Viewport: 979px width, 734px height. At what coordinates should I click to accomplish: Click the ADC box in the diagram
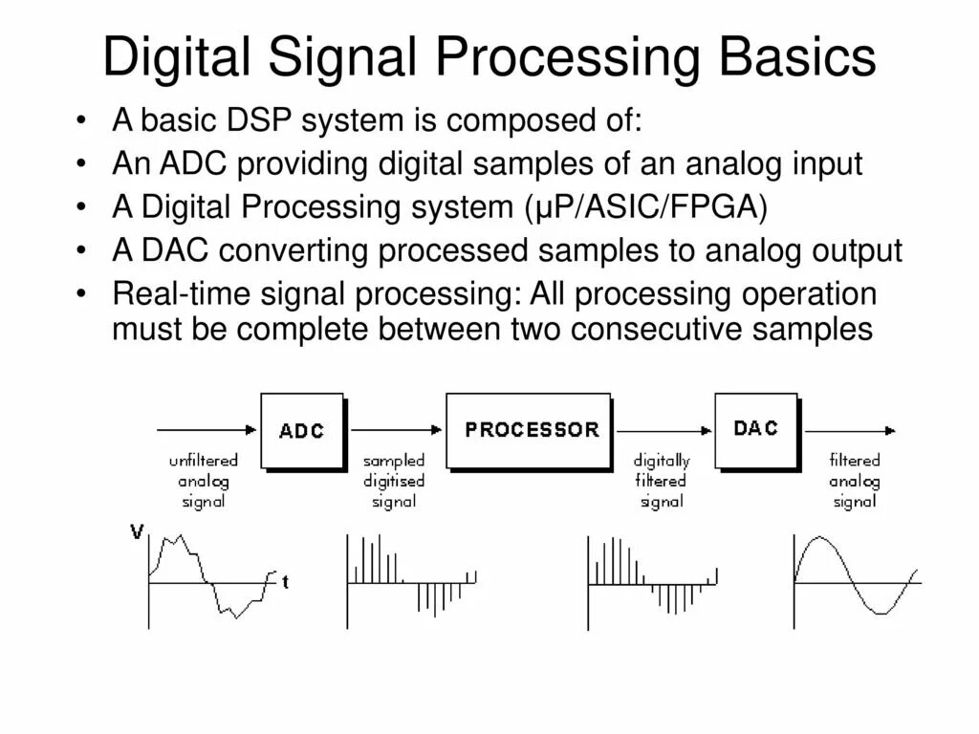point(302,430)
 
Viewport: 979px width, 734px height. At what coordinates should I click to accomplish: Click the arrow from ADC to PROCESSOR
point(398,430)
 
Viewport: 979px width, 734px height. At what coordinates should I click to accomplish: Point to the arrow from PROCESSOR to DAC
point(664,430)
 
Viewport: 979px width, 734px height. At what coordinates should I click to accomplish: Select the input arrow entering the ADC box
point(207,430)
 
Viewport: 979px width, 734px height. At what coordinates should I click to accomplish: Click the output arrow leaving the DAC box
point(851,430)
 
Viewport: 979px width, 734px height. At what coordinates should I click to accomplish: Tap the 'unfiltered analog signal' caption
point(204,481)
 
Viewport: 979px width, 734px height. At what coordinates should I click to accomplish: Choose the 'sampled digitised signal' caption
point(394,481)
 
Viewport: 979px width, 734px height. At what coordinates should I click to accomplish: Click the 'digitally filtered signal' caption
point(662,481)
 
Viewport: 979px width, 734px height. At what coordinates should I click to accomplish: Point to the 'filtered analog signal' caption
point(854,481)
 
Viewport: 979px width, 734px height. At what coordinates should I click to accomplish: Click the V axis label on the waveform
point(138,533)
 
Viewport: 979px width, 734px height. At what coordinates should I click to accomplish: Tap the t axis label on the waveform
point(285,581)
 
